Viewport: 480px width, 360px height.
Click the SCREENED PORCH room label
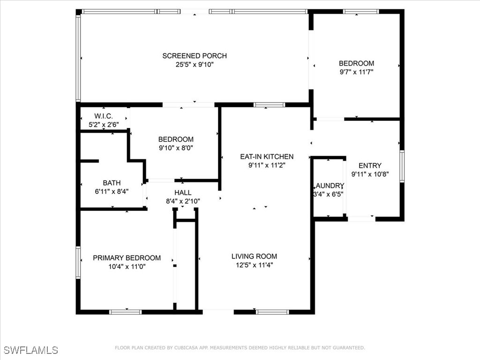(x=195, y=56)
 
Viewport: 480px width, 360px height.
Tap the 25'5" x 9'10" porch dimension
(x=195, y=65)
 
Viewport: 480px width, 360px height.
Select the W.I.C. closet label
(x=104, y=116)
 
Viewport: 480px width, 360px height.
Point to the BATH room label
(x=112, y=183)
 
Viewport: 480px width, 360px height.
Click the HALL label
(x=183, y=193)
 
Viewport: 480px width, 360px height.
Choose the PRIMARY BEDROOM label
(x=127, y=258)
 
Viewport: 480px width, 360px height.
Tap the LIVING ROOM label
(x=254, y=256)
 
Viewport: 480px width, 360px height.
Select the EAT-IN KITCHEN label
(x=267, y=157)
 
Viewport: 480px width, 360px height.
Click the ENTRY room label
(x=370, y=165)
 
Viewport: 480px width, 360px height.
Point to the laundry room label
(x=329, y=186)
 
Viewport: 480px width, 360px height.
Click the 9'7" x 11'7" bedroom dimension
(x=356, y=72)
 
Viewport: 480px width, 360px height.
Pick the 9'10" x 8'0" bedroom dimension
(x=176, y=148)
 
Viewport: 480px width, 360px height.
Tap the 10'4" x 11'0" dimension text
(x=127, y=266)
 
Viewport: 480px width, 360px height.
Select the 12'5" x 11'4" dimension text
(x=254, y=265)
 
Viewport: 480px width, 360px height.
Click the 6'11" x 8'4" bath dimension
(x=112, y=191)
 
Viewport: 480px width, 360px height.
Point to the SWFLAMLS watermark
(x=30, y=350)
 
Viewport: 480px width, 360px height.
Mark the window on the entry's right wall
(x=402, y=166)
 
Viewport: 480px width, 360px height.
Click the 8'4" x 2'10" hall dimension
(x=183, y=201)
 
